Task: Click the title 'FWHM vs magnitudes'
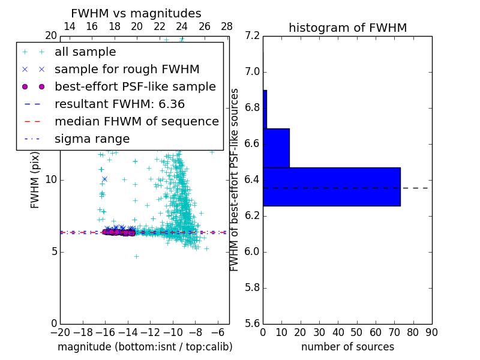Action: click(x=136, y=13)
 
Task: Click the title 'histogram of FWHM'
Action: click(x=347, y=28)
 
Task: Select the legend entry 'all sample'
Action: click(x=85, y=52)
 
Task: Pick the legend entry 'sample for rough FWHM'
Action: click(x=127, y=69)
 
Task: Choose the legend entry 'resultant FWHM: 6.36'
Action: click(x=119, y=104)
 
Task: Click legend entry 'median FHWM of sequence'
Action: click(x=136, y=121)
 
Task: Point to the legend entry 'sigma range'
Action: click(x=92, y=139)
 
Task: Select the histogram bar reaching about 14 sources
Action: click(x=276, y=148)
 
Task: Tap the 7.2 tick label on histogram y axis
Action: click(x=253, y=36)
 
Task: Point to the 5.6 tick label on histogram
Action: click(x=253, y=323)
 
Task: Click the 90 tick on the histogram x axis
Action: click(x=431, y=332)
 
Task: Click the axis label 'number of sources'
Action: click(x=347, y=347)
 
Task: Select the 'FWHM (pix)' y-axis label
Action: click(x=35, y=179)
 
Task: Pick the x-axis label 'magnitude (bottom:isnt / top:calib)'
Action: click(x=145, y=347)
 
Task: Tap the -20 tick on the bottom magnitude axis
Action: click(x=60, y=332)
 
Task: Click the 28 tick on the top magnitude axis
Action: click(x=227, y=26)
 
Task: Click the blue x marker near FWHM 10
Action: click(x=104, y=179)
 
